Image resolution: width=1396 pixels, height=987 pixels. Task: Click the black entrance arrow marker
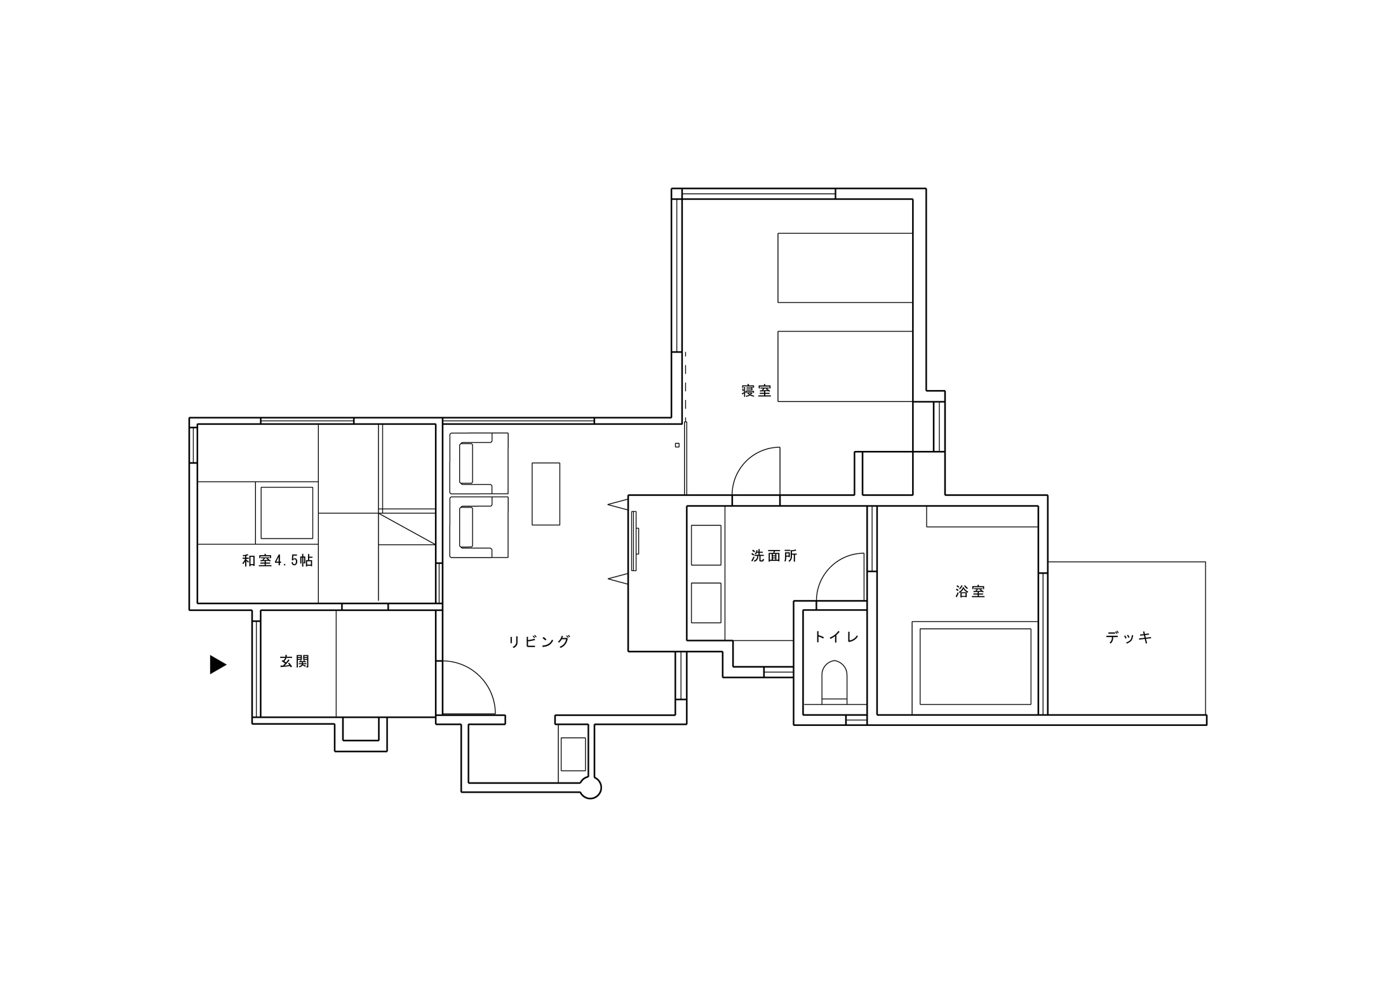[x=218, y=664]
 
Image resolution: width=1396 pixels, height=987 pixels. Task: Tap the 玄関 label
[x=295, y=662]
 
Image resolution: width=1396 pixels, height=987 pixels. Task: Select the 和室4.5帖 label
[x=278, y=560]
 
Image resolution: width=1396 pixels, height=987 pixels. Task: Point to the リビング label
[x=539, y=641]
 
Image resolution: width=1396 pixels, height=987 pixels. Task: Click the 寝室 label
[x=756, y=391]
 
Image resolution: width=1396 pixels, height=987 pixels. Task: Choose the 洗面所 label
[x=774, y=556]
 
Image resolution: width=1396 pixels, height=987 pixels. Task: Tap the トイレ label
[x=836, y=636]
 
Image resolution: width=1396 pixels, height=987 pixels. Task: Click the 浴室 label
[x=970, y=591]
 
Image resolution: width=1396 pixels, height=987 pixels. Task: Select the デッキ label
[x=1129, y=637]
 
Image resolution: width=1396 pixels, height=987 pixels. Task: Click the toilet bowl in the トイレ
[x=835, y=681]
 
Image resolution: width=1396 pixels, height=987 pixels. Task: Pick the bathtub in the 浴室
[x=975, y=667]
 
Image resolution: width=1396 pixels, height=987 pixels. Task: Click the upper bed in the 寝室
[x=845, y=268]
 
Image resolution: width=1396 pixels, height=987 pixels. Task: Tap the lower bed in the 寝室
[x=845, y=366]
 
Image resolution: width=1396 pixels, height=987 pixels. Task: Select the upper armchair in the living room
[x=479, y=463]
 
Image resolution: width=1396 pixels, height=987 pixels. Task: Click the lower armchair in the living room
[x=479, y=527]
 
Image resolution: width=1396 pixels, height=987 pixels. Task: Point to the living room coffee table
[x=546, y=493]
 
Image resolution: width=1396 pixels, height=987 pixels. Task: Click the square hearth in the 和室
[x=287, y=513]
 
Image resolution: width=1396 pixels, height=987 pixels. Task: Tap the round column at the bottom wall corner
[x=591, y=788]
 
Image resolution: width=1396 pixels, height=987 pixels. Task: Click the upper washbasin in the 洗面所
[x=706, y=545]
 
